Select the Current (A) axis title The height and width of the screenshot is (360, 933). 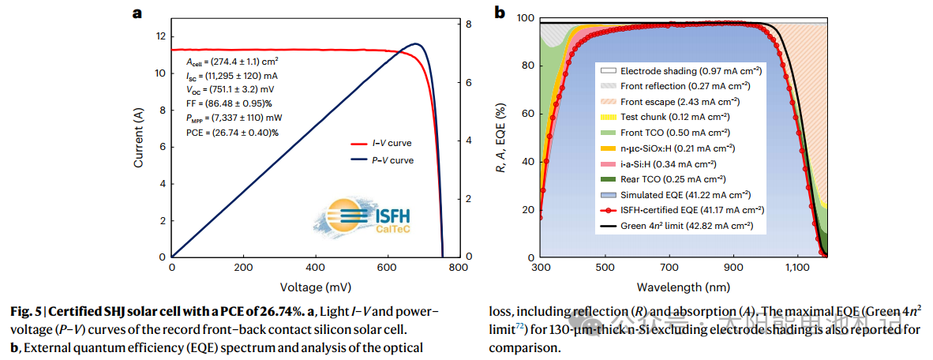pos(139,138)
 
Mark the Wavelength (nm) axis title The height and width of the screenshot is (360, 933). pos(683,286)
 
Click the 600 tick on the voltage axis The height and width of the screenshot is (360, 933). pos(387,268)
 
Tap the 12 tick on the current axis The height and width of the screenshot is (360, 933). pos(160,36)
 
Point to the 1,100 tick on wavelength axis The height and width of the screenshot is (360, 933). pos(798,268)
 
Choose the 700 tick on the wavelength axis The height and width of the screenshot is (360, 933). pos(669,268)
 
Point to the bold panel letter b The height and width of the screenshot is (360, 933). pos(499,12)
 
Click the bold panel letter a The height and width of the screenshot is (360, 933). pos(137,12)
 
